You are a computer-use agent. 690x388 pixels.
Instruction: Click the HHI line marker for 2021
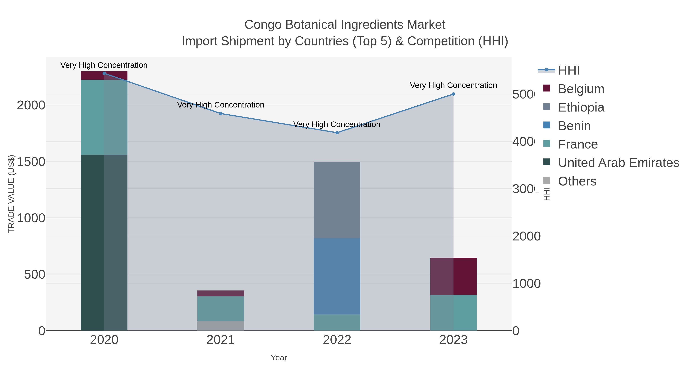pos(220,114)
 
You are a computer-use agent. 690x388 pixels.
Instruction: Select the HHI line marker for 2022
pos(337,133)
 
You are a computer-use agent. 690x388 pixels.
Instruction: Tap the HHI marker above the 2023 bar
pos(453,94)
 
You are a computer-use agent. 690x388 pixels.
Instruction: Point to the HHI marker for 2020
pos(104,73)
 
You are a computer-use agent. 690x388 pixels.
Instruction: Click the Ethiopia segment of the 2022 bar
pos(337,200)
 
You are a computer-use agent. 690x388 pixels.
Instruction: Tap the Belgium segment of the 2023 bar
pos(453,276)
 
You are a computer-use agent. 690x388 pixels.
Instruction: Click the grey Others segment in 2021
pos(220,326)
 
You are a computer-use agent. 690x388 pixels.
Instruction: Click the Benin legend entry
pos(574,126)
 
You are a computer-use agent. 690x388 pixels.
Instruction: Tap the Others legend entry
pos(577,181)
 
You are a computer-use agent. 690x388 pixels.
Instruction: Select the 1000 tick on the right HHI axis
pos(526,284)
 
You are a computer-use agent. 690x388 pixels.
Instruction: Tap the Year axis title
pos(278,358)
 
